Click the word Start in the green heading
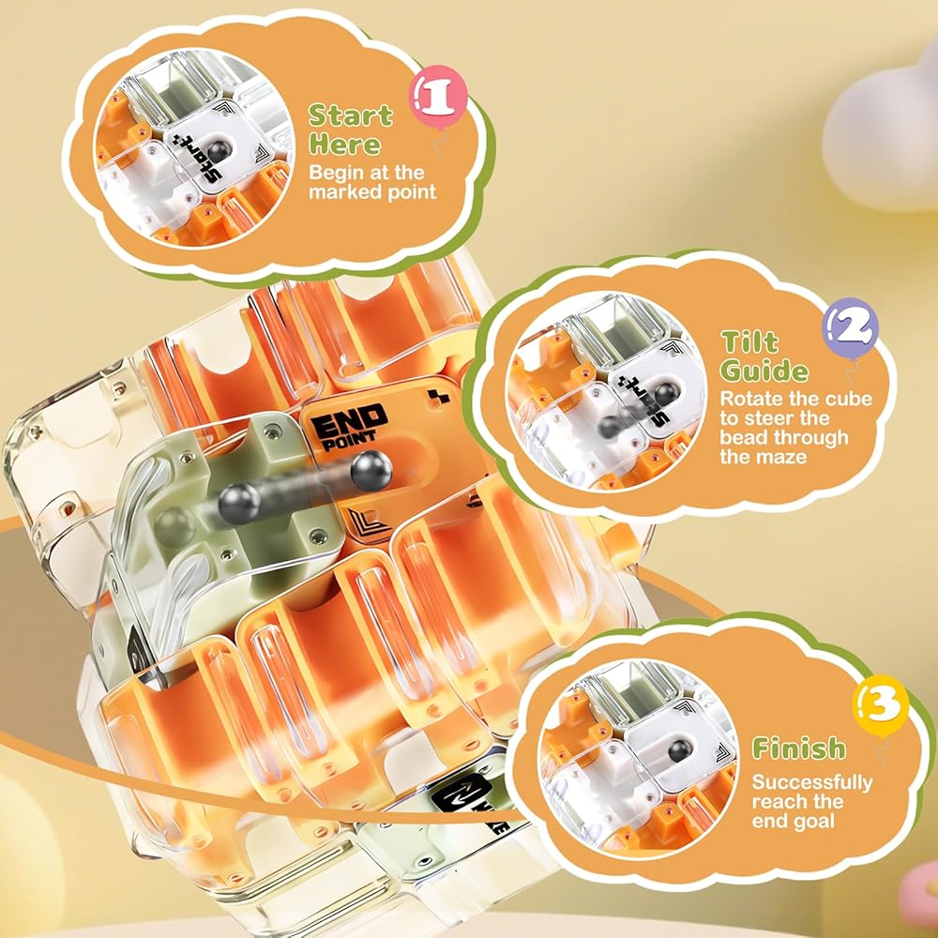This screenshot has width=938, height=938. coord(351,115)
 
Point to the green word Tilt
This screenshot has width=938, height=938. coord(750,342)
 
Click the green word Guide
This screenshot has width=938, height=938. coord(764,371)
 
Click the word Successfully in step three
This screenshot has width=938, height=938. coord(812,782)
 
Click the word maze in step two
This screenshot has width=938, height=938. coord(784,457)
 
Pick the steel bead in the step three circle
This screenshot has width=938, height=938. coord(678,750)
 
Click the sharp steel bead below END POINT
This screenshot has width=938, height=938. coord(371,472)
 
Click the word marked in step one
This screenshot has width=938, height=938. coord(343,192)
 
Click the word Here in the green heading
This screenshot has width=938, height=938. coord(345,144)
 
